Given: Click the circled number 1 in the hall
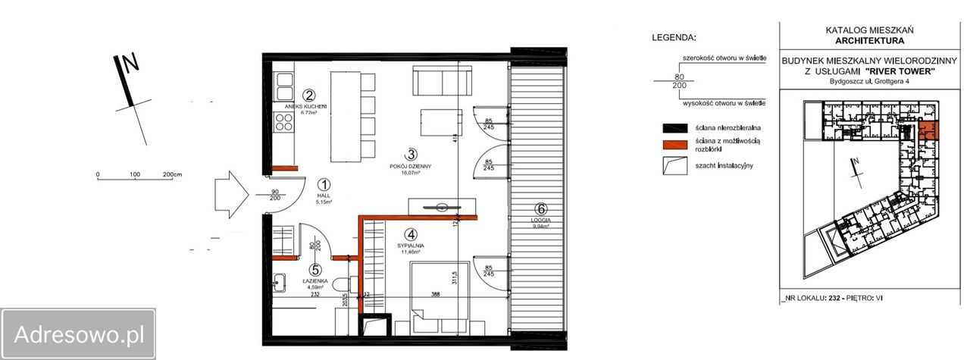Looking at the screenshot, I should [324, 184].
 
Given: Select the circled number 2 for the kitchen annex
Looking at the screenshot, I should [308, 95].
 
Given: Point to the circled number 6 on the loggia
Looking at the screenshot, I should [540, 210].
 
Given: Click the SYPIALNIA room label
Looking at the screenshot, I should [410, 246].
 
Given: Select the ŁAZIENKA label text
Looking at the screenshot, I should [316, 280].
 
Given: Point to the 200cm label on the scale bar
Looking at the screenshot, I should [172, 174].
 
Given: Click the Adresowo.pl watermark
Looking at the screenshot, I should [78, 333].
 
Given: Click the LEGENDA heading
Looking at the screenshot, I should [674, 37].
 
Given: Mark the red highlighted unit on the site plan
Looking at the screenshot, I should [928, 130].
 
